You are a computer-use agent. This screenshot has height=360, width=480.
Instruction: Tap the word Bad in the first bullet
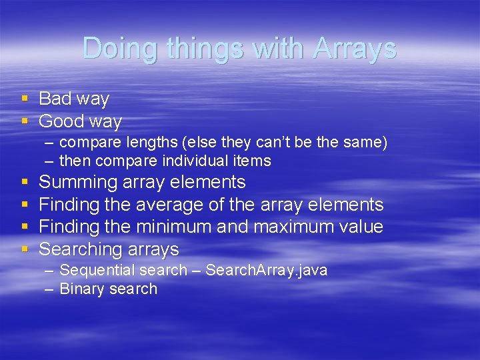click(x=55, y=99)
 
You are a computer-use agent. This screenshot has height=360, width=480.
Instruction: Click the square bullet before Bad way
click(x=25, y=99)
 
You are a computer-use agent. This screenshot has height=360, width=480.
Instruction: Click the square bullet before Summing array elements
click(x=25, y=182)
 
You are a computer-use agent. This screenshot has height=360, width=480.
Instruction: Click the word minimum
click(x=173, y=227)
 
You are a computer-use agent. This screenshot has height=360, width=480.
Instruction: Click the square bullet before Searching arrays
click(x=25, y=249)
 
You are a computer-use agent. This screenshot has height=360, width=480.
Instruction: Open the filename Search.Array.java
click(x=266, y=271)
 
